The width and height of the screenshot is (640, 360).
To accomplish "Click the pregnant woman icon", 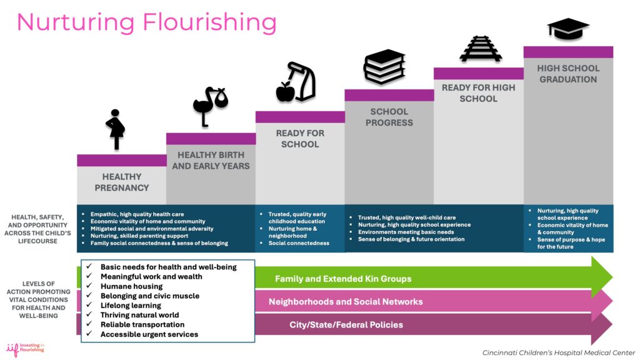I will (x=115, y=129).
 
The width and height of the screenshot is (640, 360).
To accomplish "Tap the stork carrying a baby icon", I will (x=210, y=107).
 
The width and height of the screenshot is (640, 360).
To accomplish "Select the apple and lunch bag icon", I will (x=296, y=82).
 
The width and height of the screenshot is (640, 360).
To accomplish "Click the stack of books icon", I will (x=384, y=66).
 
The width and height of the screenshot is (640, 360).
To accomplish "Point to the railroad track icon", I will (x=480, y=49).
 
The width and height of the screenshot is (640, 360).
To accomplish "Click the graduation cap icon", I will (x=568, y=29).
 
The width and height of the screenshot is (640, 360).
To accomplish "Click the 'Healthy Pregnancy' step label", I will (x=122, y=182).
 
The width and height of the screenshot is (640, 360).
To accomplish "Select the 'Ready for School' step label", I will (x=300, y=138).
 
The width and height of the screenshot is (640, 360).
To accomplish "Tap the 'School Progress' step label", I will (x=389, y=117).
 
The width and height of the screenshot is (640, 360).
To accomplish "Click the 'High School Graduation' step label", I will (x=568, y=73).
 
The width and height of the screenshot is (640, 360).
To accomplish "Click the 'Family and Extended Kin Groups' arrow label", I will (x=343, y=279).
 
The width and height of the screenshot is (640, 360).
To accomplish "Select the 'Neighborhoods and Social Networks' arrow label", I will (x=346, y=302).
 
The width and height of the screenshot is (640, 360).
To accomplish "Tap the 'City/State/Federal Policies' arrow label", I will (x=346, y=325).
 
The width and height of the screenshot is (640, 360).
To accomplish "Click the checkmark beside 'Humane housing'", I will (x=89, y=286).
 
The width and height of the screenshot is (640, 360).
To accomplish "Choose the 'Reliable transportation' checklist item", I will (x=142, y=325).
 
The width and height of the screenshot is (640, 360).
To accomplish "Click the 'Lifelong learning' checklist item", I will (x=131, y=306).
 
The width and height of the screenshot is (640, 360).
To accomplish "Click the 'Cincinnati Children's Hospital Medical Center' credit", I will (x=558, y=352).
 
